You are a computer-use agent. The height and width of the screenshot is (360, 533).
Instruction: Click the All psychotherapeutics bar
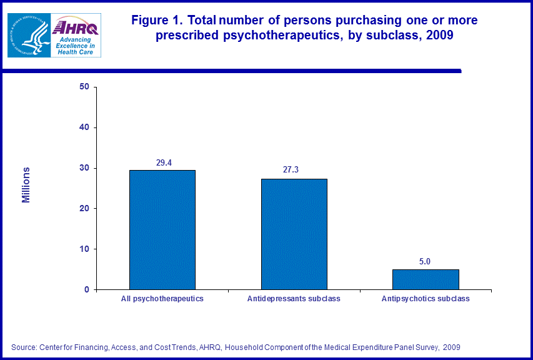coord(162,229)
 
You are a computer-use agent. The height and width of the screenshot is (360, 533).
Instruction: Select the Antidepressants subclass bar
coord(294,234)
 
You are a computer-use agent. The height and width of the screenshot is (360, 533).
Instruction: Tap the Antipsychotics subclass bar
coord(426,279)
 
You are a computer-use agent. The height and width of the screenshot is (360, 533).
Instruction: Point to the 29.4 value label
coord(164,162)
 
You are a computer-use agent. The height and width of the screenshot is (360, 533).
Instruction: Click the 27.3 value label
coord(291,169)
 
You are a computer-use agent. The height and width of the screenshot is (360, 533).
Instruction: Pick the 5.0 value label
coord(425,261)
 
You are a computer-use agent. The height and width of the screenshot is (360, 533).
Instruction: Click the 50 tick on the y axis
coord(84,87)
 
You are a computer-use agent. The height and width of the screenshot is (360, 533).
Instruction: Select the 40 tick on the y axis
coord(84,127)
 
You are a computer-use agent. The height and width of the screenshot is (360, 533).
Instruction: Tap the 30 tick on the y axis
coord(84,168)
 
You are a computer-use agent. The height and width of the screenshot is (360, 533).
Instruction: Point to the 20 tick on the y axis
coord(84,209)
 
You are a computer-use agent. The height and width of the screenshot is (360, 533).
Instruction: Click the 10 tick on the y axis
coord(84,249)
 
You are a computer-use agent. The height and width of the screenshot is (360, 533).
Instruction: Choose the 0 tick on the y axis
coord(86,290)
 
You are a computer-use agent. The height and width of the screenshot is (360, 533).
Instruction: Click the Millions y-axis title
coord(26,185)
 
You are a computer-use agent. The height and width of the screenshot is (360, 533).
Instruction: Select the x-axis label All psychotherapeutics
coord(162,299)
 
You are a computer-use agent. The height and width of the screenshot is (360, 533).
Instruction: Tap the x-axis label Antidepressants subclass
coord(294,299)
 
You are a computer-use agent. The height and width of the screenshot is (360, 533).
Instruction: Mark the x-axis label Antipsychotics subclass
coord(426,299)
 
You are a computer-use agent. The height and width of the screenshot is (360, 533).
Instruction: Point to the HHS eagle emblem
coord(28,35)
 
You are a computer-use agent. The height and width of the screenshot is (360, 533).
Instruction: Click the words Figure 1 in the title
coord(157,21)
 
